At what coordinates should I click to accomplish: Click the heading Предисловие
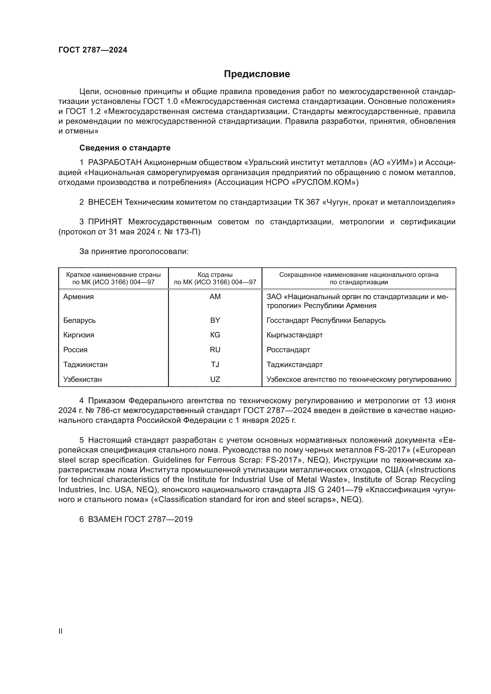257,74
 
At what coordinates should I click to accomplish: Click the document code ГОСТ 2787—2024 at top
93,50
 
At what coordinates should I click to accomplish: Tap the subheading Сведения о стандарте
125,148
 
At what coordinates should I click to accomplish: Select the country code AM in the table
215,297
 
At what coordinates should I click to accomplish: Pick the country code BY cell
215,320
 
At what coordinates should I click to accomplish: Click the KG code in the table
215,335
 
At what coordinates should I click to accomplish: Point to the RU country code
215,350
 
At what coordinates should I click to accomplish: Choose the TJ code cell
215,365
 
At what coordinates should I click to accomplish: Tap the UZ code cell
215,379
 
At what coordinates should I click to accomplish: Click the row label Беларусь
79,320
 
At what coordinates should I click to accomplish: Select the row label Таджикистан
85,365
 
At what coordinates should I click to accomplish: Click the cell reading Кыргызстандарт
294,335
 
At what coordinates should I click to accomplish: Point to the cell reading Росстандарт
288,350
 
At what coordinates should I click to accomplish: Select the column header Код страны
215,275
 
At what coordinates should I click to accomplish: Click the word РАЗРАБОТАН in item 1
115,163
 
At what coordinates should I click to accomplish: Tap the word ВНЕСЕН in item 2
105,202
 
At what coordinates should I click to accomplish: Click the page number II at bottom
61,631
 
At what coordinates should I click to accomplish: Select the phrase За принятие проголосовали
134,252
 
